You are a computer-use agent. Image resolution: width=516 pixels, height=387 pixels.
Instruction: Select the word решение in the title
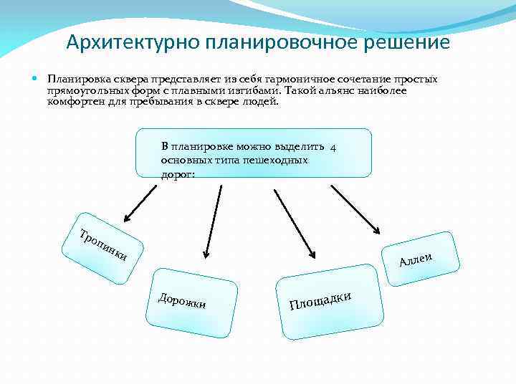405,42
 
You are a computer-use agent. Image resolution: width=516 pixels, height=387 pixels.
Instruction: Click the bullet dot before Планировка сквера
36,78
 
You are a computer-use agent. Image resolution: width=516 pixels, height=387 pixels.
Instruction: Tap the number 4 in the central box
334,148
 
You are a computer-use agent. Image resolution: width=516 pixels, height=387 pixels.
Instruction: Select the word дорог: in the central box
178,173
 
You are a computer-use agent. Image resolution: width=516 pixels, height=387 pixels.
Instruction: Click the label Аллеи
418,259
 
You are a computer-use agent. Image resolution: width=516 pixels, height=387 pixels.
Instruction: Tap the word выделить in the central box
305,148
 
